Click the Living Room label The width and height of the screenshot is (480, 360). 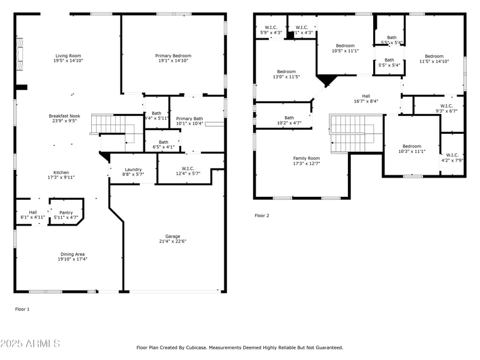click(68, 55)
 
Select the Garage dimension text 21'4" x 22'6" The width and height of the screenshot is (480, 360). click(172, 242)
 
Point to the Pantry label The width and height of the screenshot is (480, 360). click(66, 212)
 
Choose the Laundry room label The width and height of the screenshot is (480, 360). click(133, 169)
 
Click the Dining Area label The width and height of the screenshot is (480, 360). click(72, 254)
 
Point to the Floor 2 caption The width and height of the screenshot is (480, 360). click(262, 215)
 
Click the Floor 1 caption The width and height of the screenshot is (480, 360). click(22, 309)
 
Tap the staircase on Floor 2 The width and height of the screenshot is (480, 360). click(348, 134)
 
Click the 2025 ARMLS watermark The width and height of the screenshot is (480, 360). click(30, 344)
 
